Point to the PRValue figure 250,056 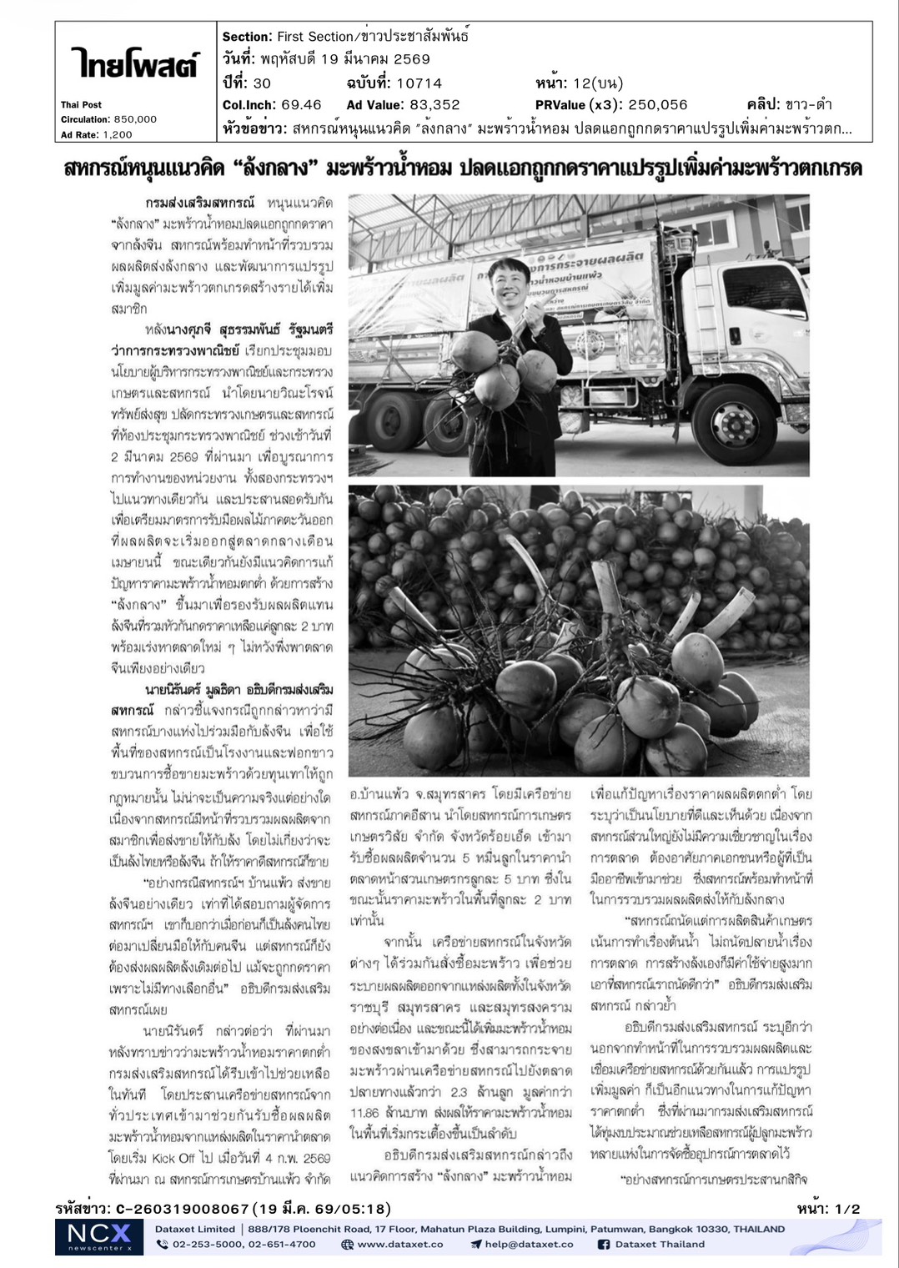[653, 105]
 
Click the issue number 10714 [420, 83]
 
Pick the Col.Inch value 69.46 [301, 105]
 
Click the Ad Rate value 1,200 [117, 134]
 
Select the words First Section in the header [315, 37]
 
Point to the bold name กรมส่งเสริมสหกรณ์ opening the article [198, 203]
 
